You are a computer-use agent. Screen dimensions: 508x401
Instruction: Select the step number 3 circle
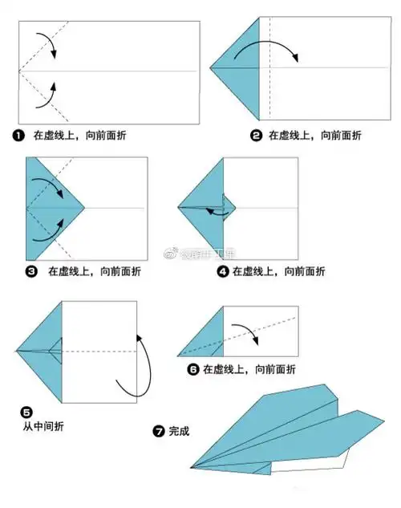[x=31, y=272]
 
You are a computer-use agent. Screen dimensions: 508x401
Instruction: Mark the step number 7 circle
[x=159, y=431]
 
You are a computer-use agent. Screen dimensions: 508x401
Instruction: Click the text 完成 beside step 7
[x=180, y=431]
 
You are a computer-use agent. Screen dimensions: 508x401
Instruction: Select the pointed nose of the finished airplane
[x=192, y=465]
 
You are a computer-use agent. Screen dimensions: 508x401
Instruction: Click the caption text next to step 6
[x=249, y=370]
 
